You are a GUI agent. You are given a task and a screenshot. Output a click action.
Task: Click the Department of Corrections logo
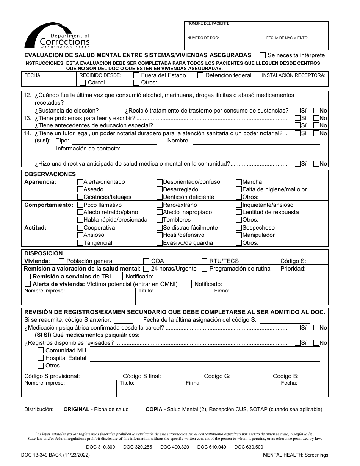pos(57,36)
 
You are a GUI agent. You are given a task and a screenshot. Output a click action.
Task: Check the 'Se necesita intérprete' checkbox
pos(262,55)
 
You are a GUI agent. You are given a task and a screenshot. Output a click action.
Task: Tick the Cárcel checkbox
pos(82,83)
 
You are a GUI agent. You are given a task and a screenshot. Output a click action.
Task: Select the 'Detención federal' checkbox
pos(200,75)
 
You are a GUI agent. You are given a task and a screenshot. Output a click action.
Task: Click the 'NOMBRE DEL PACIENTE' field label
pos(208,23)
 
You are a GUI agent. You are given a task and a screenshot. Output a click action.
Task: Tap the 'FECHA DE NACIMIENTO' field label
pos(287,38)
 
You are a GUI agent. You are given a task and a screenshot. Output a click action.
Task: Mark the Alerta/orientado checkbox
pos(80,182)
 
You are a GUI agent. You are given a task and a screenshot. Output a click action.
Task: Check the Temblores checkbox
pos(160,220)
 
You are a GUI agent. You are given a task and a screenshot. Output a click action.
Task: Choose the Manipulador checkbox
pos(239,235)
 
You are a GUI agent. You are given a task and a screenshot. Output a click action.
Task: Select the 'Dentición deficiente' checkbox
pos(160,197)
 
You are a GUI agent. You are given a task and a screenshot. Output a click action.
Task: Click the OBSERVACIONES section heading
pos(50,174)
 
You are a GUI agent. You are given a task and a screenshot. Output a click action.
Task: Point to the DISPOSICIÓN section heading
pos(44,253)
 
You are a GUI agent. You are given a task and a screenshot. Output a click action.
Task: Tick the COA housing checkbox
pos(146,261)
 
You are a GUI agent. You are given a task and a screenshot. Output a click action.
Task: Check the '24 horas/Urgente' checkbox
pos(146,269)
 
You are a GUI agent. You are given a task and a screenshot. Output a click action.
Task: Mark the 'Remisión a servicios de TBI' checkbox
pos(28,277)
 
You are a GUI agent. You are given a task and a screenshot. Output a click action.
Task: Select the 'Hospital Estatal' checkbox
pos(40,358)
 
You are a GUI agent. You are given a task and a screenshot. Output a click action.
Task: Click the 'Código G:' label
pos(217,376)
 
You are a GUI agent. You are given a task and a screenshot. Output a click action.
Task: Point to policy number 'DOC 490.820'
pos(175,447)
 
